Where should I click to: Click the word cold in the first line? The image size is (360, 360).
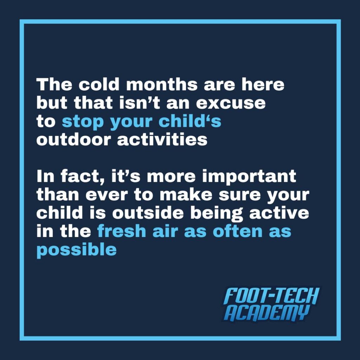99,84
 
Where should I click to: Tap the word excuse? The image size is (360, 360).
231,103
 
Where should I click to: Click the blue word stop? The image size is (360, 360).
83,122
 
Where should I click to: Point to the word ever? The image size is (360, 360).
107,195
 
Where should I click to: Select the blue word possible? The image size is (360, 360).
76,251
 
